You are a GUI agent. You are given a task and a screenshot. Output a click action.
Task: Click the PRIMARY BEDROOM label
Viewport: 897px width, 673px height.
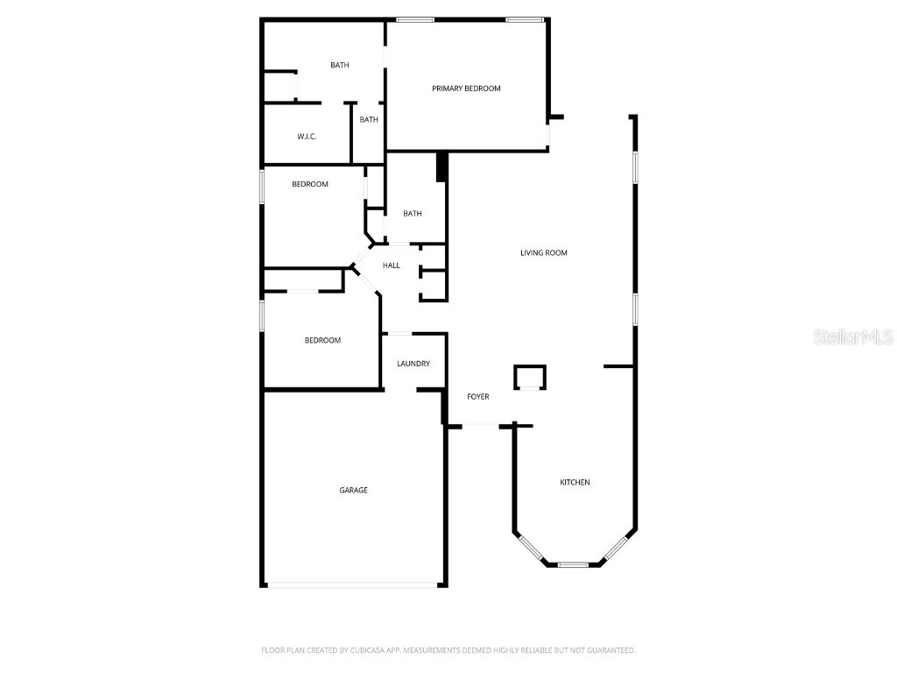466,89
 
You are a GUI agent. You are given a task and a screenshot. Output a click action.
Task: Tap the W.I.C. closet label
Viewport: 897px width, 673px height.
307,137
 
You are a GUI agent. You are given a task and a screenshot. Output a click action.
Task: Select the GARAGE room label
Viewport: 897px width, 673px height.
354,491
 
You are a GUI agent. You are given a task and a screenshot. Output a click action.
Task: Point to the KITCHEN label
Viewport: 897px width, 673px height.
576,483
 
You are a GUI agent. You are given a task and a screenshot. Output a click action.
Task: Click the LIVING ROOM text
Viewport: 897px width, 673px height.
544,253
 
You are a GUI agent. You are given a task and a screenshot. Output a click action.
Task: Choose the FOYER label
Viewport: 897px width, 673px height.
478,397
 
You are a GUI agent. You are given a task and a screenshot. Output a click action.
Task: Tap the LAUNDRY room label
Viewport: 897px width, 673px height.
413,364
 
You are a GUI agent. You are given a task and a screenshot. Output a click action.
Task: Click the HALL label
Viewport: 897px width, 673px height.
392,266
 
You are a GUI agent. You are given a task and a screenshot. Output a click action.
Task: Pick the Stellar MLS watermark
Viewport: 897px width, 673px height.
853,337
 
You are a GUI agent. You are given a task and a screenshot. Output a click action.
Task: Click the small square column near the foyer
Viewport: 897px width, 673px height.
529,377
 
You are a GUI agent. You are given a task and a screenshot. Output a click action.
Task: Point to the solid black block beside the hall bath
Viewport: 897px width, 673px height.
442,166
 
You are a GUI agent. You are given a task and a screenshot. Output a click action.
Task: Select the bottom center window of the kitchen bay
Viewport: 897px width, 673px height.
574,564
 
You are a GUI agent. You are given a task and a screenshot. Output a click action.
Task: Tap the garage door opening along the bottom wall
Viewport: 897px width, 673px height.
354,585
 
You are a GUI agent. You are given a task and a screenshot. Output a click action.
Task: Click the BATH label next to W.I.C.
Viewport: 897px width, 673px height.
369,120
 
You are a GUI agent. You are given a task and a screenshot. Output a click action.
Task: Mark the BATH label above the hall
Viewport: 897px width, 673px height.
413,214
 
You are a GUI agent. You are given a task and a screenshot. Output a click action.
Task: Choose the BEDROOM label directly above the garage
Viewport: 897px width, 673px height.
322,341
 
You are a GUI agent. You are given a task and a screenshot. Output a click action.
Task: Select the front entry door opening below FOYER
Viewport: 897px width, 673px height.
480,426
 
